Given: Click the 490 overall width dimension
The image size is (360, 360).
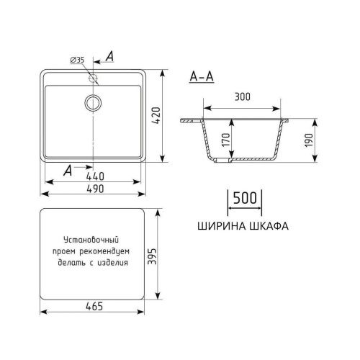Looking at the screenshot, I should (94, 189).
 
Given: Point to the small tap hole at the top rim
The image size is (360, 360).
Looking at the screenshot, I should (93, 74).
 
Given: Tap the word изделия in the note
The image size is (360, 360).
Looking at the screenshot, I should (112, 262).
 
